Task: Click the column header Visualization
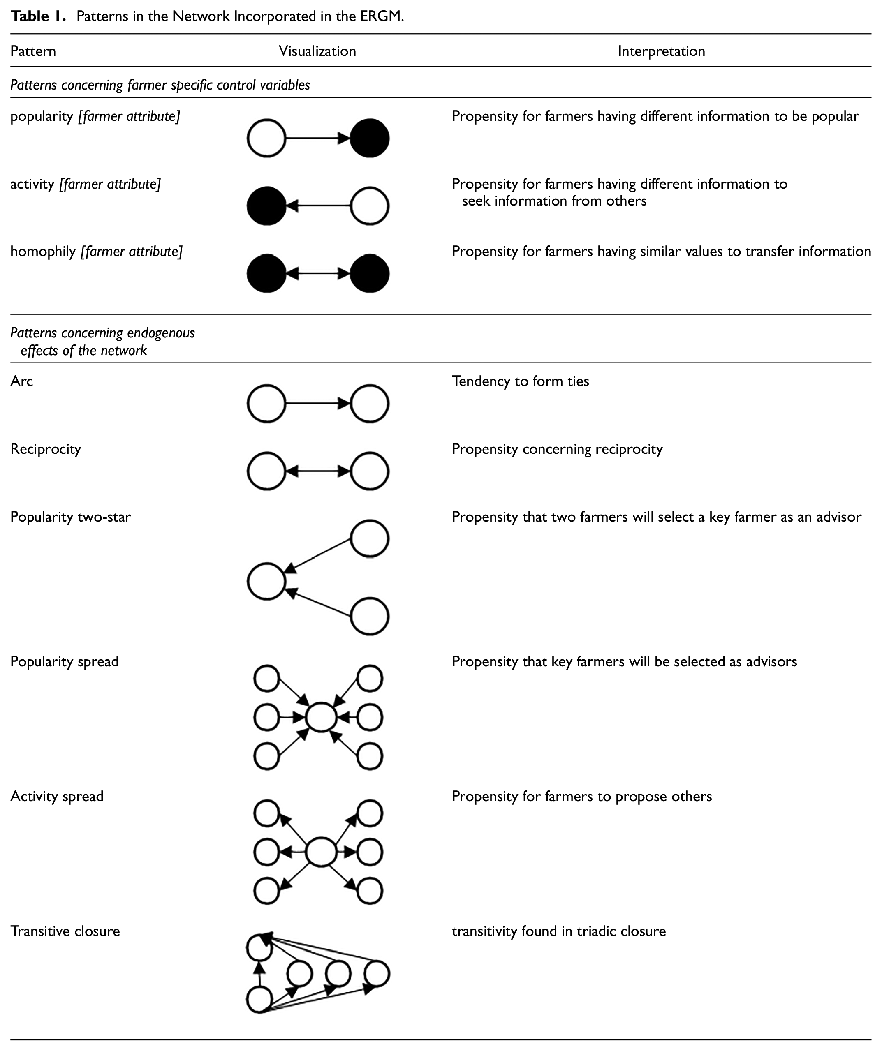click(x=317, y=51)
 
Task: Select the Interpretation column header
click(x=661, y=51)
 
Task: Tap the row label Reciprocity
click(x=46, y=449)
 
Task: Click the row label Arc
click(x=21, y=381)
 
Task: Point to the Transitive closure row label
click(x=65, y=931)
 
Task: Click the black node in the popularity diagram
click(x=369, y=138)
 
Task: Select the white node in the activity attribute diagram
click(x=369, y=206)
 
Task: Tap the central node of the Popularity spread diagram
click(x=321, y=718)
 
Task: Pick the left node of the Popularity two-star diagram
click(x=266, y=581)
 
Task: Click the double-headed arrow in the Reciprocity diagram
click(x=318, y=471)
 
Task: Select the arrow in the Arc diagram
click(x=318, y=403)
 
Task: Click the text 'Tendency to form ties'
click(x=520, y=381)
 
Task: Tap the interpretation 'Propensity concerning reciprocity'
click(x=557, y=449)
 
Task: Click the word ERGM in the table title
click(x=382, y=16)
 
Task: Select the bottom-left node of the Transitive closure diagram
click(x=259, y=1000)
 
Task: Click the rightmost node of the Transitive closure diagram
click(x=376, y=974)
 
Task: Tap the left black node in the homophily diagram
click(x=266, y=273)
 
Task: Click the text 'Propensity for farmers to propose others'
click(x=582, y=796)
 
